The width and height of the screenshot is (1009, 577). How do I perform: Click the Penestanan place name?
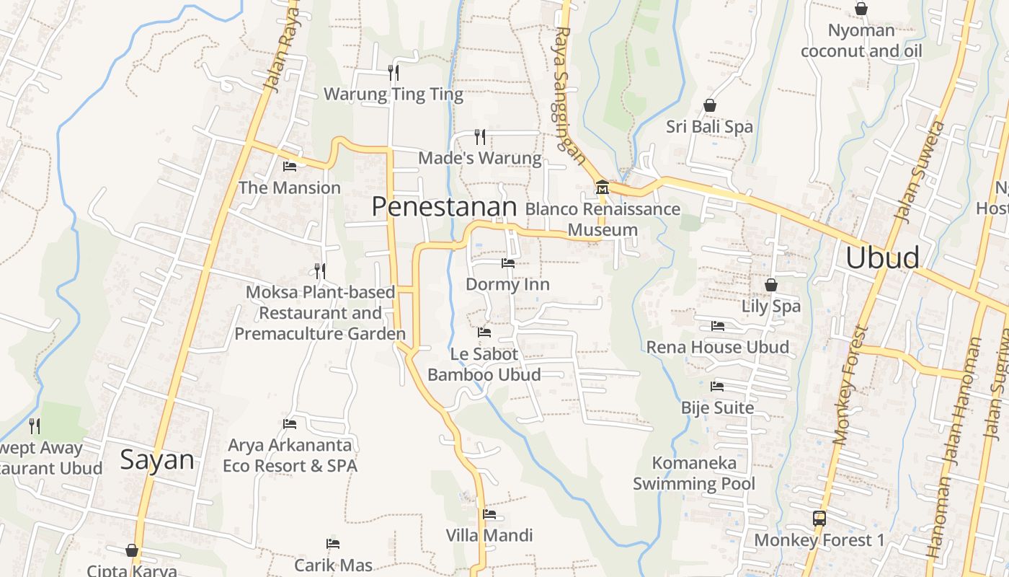(444, 207)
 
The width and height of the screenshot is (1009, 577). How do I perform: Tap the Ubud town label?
(882, 257)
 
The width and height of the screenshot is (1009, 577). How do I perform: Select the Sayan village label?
(157, 459)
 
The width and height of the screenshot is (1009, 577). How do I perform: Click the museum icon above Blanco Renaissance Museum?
(603, 188)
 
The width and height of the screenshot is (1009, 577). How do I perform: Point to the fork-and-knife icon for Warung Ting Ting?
(394, 72)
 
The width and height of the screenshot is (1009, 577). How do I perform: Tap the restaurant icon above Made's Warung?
(480, 136)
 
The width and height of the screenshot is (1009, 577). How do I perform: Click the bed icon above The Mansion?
(290, 166)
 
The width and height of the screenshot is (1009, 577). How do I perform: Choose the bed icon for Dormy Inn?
(508, 263)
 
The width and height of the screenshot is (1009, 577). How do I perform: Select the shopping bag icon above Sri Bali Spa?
(710, 105)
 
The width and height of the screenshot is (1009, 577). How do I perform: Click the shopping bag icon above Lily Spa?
(771, 285)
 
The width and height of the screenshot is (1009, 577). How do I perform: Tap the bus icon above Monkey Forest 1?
(819, 518)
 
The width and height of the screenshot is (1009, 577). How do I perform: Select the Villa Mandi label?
(489, 535)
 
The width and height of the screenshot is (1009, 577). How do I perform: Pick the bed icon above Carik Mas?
(333, 543)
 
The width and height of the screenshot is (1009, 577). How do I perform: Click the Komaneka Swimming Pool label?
(694, 472)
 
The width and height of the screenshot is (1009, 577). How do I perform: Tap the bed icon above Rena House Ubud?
(718, 325)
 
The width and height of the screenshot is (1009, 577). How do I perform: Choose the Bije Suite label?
(718, 408)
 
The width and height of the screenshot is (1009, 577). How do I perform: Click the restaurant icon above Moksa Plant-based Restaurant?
(320, 270)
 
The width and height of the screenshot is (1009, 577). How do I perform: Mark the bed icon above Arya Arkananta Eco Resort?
(290, 423)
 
